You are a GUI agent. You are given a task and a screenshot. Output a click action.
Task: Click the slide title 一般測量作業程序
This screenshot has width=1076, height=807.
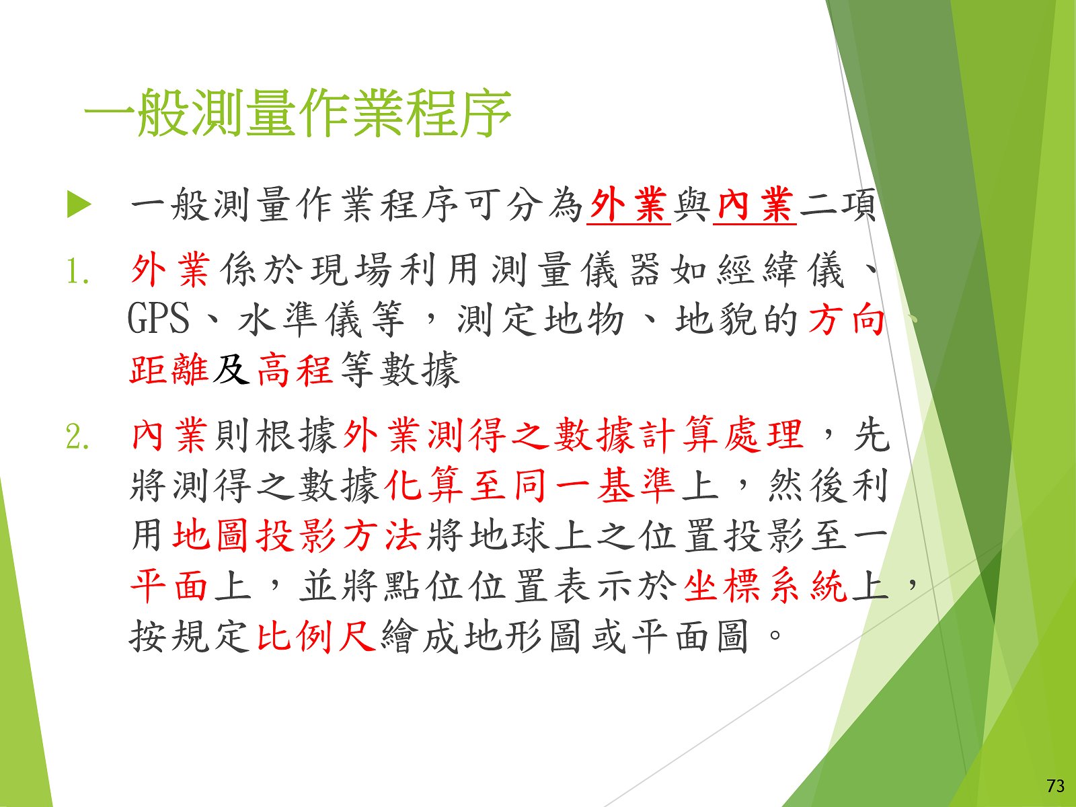[x=297, y=113]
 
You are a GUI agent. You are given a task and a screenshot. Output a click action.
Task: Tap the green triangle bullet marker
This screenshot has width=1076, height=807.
[x=79, y=204]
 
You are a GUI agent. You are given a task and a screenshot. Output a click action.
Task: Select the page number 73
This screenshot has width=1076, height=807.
[x=1055, y=785]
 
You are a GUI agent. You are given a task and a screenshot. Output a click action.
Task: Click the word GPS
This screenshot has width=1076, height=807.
[x=158, y=319]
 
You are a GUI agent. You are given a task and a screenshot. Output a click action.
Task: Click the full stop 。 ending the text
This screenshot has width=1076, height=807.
[x=775, y=636]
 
